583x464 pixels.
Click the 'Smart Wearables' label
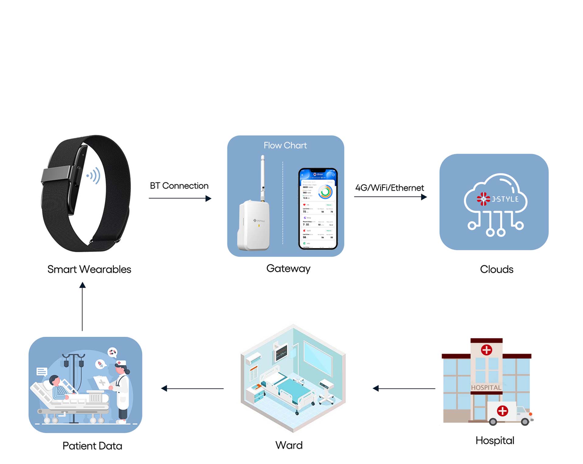click(x=89, y=269)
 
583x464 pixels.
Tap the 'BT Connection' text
click(x=179, y=186)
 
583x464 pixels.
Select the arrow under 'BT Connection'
click(x=180, y=198)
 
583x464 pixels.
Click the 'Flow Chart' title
click(x=285, y=145)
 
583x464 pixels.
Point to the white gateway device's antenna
click(x=263, y=176)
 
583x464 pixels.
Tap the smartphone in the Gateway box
click(x=318, y=209)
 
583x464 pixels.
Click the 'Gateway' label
click(x=288, y=268)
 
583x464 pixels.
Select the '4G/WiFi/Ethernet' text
click(x=389, y=188)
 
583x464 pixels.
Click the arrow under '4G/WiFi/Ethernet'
click(x=390, y=197)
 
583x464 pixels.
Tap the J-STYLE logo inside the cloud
click(x=497, y=199)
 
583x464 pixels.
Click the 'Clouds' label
click(x=496, y=269)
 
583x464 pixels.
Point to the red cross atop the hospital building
click(x=486, y=350)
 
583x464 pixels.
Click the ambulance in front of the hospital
click(x=509, y=413)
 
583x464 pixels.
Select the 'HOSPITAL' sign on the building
click(x=486, y=388)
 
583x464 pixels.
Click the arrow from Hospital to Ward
click(x=404, y=388)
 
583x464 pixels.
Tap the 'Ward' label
click(x=289, y=445)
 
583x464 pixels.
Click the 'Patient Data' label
click(x=92, y=446)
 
